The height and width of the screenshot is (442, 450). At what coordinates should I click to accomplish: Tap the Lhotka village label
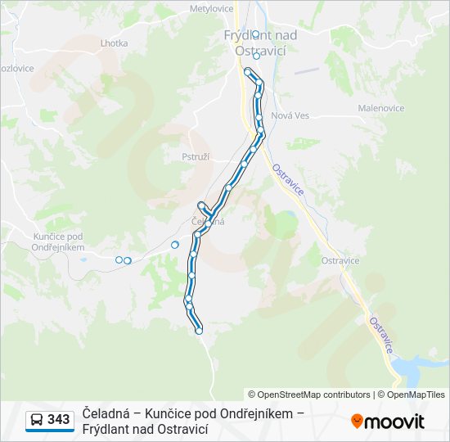(114, 43)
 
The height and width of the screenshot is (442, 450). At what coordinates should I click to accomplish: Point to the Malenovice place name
(381, 108)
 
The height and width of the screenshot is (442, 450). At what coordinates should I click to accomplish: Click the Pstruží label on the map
(196, 156)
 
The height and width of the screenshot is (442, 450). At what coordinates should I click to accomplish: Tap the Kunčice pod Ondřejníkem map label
(59, 241)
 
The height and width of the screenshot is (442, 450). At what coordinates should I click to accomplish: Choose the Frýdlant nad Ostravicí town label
(260, 43)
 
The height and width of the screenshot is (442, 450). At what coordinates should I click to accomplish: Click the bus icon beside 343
(37, 420)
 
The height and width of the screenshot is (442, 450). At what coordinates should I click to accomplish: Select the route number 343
(59, 420)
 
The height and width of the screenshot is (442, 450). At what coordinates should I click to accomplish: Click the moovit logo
(388, 421)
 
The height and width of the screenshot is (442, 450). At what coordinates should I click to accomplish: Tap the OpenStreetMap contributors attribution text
(309, 395)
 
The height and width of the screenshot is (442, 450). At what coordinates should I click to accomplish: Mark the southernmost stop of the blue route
(199, 331)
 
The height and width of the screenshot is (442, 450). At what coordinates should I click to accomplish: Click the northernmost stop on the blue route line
(247, 72)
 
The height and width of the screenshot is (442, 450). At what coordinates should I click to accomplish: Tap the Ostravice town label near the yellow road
(340, 261)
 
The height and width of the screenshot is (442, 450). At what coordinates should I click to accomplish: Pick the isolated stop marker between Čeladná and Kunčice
(175, 245)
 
